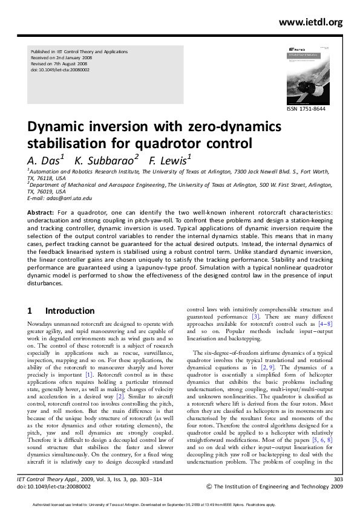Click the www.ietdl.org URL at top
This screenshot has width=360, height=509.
click(311, 22)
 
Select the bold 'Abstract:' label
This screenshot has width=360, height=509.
click(41, 213)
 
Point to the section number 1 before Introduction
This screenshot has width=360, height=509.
click(30, 311)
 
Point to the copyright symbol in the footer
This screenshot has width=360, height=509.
click(209, 485)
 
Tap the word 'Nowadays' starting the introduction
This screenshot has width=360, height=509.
click(41, 325)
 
